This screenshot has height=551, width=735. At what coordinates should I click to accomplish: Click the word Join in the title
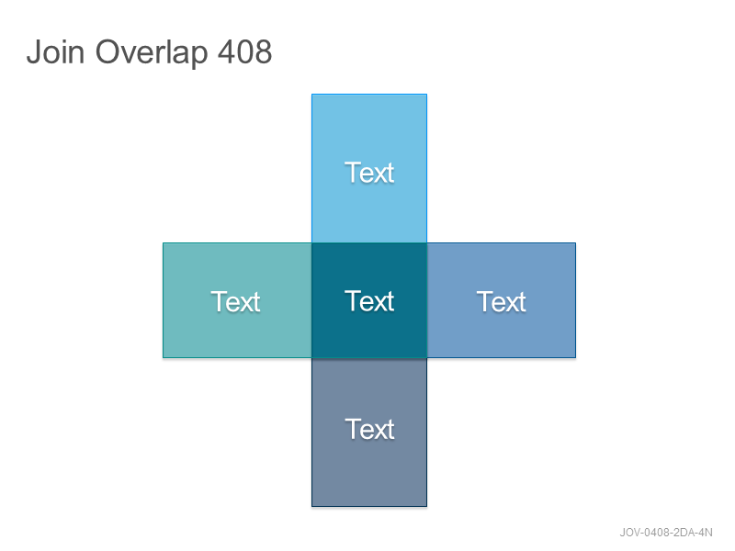pos(55,51)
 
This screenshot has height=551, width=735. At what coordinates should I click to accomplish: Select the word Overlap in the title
pos(152,52)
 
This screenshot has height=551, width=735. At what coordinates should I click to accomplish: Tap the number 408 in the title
pos(244,51)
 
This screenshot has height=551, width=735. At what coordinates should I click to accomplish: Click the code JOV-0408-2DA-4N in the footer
pos(665,533)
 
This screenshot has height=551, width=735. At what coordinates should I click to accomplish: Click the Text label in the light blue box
pos(369,173)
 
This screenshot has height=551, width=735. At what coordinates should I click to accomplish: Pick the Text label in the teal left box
pos(235,301)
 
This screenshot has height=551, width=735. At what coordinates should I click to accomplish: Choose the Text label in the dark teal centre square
pos(369,301)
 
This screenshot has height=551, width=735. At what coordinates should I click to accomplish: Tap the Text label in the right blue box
pos(502,301)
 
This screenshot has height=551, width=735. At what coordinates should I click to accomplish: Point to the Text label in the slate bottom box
pos(370,429)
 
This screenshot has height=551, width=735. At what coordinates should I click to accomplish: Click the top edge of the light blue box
pos(369,95)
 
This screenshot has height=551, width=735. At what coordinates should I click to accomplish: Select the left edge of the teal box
pos(164,300)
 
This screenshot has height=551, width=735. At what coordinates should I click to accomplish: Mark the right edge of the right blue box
pos(575,300)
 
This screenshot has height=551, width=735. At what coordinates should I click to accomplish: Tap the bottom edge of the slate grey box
pos(369,506)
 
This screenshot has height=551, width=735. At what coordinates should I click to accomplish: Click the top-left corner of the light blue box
pos(312,95)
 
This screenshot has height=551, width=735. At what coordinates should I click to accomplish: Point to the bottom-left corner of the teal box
pos(164,357)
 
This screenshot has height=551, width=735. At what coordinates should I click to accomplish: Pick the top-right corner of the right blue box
pos(575,243)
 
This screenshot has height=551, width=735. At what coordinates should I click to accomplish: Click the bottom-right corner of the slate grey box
pos(426,506)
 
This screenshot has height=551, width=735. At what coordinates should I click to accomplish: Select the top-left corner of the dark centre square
pos(312,243)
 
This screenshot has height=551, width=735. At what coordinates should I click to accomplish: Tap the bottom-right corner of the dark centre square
pos(426,357)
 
